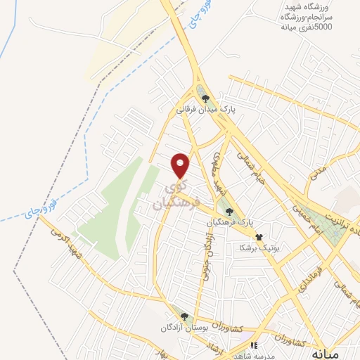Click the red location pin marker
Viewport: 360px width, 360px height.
(181, 165)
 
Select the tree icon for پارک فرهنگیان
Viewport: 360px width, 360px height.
(228, 210)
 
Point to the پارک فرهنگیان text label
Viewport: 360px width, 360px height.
(229, 221)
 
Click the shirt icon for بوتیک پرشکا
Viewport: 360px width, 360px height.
(259, 238)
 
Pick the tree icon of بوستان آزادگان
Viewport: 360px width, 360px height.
(184, 318)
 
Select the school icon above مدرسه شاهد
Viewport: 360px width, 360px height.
(254, 345)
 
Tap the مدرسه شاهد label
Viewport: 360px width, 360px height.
(255, 355)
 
